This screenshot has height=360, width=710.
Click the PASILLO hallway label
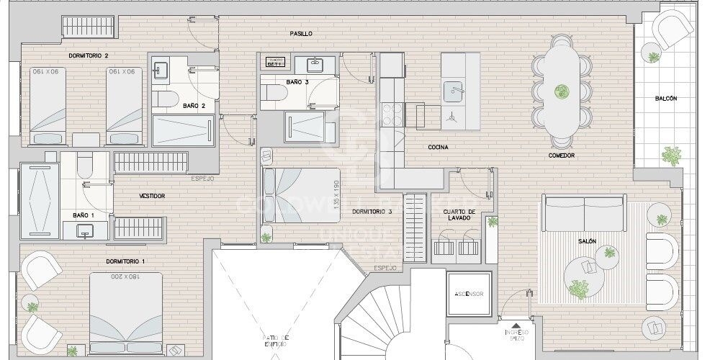pyautogui.click(x=301, y=34)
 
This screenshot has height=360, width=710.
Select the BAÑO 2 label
pyautogui.click(x=194, y=106)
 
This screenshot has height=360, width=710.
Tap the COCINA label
pyautogui.click(x=438, y=148)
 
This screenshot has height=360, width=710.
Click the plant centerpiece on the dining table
pyautogui.click(x=561, y=91)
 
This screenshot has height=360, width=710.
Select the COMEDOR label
pyautogui.click(x=561, y=156)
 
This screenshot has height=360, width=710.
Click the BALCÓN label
pyautogui.click(x=665, y=99)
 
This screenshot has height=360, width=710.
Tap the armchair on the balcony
pyautogui.click(x=673, y=30)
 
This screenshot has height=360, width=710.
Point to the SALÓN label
pyautogui.click(x=586, y=242)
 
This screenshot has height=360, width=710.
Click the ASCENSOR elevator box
pyautogui.click(x=468, y=294)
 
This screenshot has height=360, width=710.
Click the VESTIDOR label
pyautogui.click(x=152, y=196)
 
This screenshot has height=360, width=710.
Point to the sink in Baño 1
pyautogui.click(x=85, y=230)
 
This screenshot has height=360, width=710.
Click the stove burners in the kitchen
pyautogui.click(x=393, y=114)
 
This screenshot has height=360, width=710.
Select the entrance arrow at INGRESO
pyautogui.click(x=516, y=325)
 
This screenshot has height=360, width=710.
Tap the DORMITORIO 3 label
pyautogui.click(x=372, y=212)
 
